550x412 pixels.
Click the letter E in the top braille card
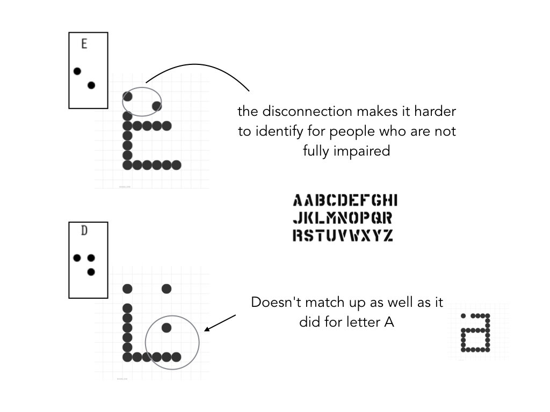[x=84, y=44]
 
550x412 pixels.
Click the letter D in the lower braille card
[x=84, y=231]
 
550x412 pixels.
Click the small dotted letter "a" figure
[x=476, y=333]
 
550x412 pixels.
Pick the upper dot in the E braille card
[x=77, y=71]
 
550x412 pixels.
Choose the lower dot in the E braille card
[x=91, y=85]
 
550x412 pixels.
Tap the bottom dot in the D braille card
[x=91, y=271]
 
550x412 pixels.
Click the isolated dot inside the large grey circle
[x=167, y=327]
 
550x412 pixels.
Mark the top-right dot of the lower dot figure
[x=167, y=289]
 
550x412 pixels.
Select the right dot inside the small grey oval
[x=156, y=106]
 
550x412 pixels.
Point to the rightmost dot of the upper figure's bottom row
[x=176, y=165]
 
